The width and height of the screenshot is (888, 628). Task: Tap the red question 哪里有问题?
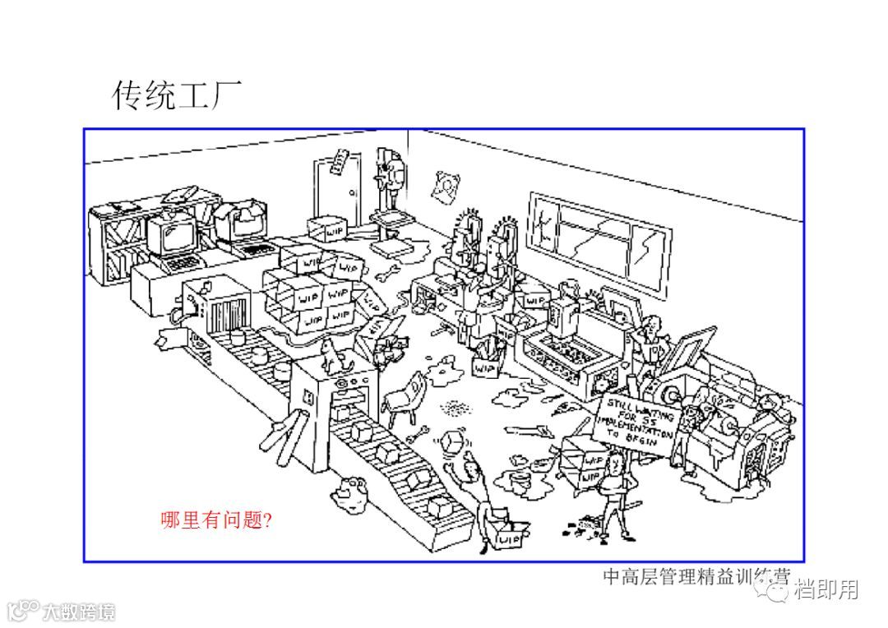[217, 519]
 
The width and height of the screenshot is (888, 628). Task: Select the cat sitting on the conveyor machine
[332, 353]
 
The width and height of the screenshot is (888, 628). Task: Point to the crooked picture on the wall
[446, 187]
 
